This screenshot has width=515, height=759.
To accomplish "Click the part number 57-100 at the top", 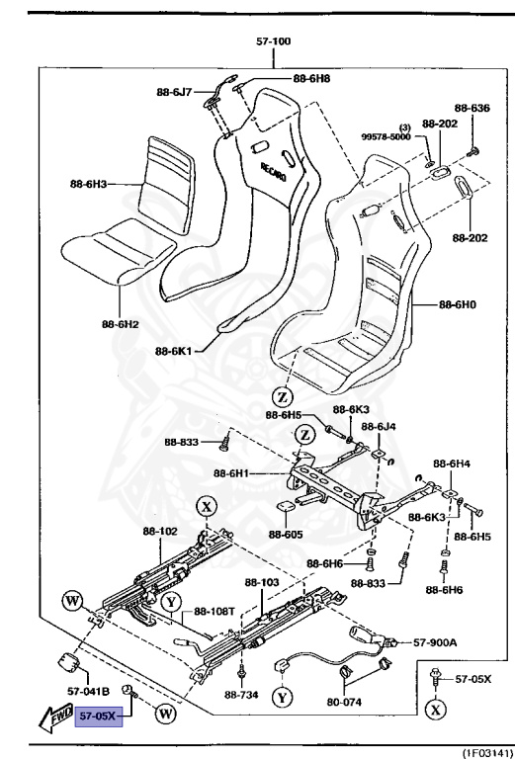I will pos(273,42).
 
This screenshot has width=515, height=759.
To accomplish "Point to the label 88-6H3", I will pos(87,183).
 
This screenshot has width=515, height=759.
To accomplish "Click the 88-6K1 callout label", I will pos(173,350).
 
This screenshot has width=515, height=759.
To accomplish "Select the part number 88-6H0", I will pos(459,305).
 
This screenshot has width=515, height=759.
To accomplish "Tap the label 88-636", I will pos(472,108).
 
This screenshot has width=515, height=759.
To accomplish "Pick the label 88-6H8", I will pos(312,77).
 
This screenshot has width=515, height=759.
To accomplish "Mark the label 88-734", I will pos(242,694).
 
